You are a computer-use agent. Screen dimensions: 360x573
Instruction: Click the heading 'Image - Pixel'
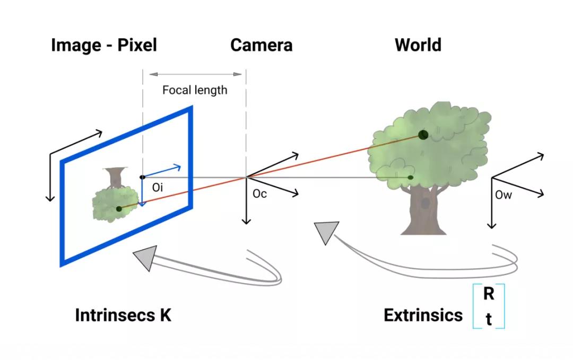click(104, 45)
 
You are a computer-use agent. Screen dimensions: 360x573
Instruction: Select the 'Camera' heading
click(261, 45)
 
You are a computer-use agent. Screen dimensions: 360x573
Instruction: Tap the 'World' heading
click(418, 45)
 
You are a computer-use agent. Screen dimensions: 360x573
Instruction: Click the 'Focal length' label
click(195, 90)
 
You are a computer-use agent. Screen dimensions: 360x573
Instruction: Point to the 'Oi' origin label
click(158, 187)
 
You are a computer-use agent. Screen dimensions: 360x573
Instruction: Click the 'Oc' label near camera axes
click(259, 194)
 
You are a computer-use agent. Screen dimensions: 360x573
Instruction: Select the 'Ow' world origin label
click(503, 195)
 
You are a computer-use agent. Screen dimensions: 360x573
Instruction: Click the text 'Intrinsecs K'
click(123, 315)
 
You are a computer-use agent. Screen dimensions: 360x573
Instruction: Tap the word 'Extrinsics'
click(423, 315)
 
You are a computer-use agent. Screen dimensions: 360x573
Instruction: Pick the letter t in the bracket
click(489, 319)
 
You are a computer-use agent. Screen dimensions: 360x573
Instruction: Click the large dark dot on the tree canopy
click(423, 135)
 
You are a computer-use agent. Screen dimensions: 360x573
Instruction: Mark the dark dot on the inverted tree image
click(119, 208)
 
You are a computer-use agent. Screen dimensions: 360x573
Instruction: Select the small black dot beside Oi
click(142, 177)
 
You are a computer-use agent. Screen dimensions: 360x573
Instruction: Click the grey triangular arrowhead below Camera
click(325, 232)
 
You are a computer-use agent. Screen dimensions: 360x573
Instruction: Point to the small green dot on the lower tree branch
click(410, 177)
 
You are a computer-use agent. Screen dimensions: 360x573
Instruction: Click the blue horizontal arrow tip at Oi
click(179, 167)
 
